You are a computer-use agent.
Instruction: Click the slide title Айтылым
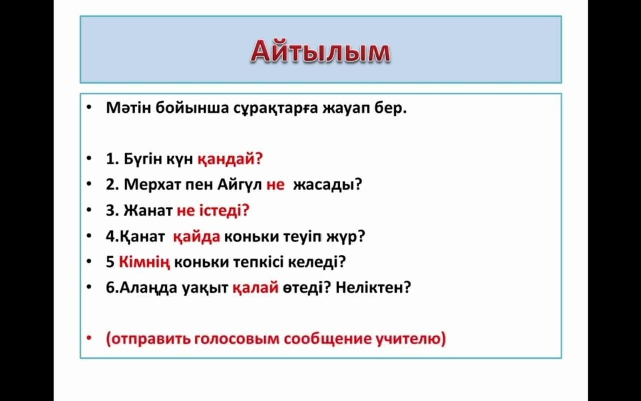pos(320,52)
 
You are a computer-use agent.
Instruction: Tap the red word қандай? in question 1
pos(230,159)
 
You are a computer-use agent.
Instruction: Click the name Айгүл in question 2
pos(239,185)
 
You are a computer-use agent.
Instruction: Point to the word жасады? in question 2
pos(328,185)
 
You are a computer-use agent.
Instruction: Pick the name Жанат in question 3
pos(148,210)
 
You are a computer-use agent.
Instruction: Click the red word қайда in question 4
pos(197,237)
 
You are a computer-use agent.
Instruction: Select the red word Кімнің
pos(144,262)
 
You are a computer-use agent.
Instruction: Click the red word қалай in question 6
pos(255,288)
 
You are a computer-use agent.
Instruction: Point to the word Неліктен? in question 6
pos(373,287)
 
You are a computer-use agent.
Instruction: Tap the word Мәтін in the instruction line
pos(128,108)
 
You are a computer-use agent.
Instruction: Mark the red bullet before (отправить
pos(89,338)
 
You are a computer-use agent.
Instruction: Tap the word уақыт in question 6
pos(205,288)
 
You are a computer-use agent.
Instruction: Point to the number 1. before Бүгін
pos(112,159)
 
